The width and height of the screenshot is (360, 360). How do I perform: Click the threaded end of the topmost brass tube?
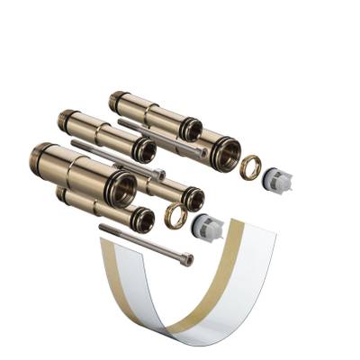coord(115,99)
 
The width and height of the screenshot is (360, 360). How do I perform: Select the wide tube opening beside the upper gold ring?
coord(223,153)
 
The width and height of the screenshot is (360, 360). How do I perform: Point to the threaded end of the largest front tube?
coord(41,155)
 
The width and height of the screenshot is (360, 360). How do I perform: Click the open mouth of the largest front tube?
coord(121,188)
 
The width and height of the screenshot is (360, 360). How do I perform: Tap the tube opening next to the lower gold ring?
coord(192,199)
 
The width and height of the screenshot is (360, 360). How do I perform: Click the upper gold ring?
coord(252,166)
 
